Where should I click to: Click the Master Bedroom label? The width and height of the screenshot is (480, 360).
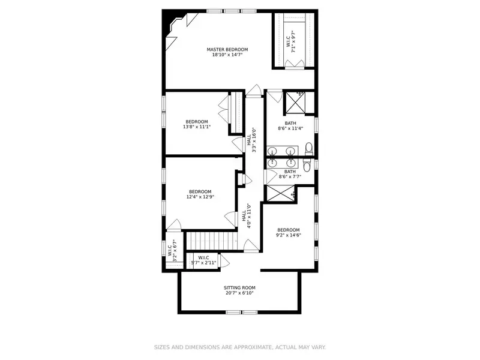click(227, 50)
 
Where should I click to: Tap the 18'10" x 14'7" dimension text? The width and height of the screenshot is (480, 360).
click(227, 55)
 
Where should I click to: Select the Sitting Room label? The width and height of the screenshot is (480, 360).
click(239, 288)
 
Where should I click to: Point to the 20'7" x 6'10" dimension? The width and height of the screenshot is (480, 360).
click(239, 293)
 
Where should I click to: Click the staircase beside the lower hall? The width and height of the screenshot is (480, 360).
click(212, 241)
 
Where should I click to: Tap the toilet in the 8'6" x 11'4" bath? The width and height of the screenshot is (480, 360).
click(308, 148)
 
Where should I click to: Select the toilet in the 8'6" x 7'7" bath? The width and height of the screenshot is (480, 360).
click(307, 166)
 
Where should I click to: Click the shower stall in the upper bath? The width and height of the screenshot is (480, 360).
click(295, 103)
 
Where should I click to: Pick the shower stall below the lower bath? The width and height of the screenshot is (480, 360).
click(281, 193)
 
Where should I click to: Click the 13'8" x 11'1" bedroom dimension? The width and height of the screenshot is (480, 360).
click(197, 127)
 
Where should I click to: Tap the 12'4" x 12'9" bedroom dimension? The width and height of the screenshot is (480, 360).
click(200, 197)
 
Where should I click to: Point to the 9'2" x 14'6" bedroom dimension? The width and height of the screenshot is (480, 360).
click(289, 235)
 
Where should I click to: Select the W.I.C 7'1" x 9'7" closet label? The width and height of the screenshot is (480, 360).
click(291, 41)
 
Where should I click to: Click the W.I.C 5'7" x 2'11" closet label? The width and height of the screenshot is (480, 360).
click(203, 260)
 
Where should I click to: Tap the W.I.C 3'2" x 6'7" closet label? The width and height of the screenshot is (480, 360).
click(172, 250)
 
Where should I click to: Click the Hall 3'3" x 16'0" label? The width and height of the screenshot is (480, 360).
click(251, 140)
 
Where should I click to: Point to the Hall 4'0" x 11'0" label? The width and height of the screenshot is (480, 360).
click(247, 216)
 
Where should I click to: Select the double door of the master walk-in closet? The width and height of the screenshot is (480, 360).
click(295, 63)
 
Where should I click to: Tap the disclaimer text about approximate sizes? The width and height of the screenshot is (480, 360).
click(239, 347)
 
